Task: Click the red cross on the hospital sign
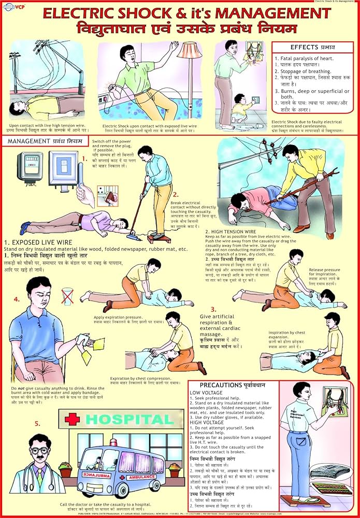tap(73, 418)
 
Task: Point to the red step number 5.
tap(37, 423)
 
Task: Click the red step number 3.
tap(213, 309)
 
